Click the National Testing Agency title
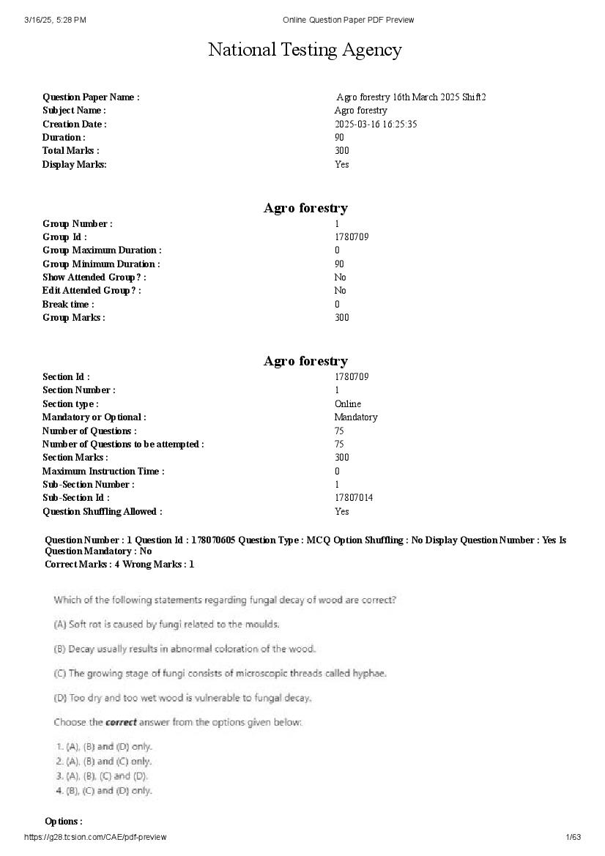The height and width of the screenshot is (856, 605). point(305,50)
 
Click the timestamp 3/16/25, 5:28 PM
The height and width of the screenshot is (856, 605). point(55,20)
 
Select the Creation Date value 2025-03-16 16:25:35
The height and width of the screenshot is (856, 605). point(376,124)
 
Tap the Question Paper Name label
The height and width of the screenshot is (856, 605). point(91,97)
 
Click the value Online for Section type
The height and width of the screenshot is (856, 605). point(348,403)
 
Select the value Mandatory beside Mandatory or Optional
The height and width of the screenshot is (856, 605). point(356,417)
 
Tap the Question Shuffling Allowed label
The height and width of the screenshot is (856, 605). point(103,511)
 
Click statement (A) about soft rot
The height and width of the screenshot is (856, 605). point(167,625)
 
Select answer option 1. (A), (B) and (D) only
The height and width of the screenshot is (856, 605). point(104,747)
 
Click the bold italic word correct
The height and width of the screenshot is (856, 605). point(121,722)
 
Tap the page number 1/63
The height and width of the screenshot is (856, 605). point(574,837)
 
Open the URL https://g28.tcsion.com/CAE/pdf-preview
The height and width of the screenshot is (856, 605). point(95,837)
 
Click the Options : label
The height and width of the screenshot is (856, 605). point(64,822)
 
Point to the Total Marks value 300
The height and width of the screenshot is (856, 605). point(342,151)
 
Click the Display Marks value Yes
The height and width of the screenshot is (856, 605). point(342,164)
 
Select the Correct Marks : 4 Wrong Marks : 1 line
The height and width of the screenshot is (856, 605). point(119,564)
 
